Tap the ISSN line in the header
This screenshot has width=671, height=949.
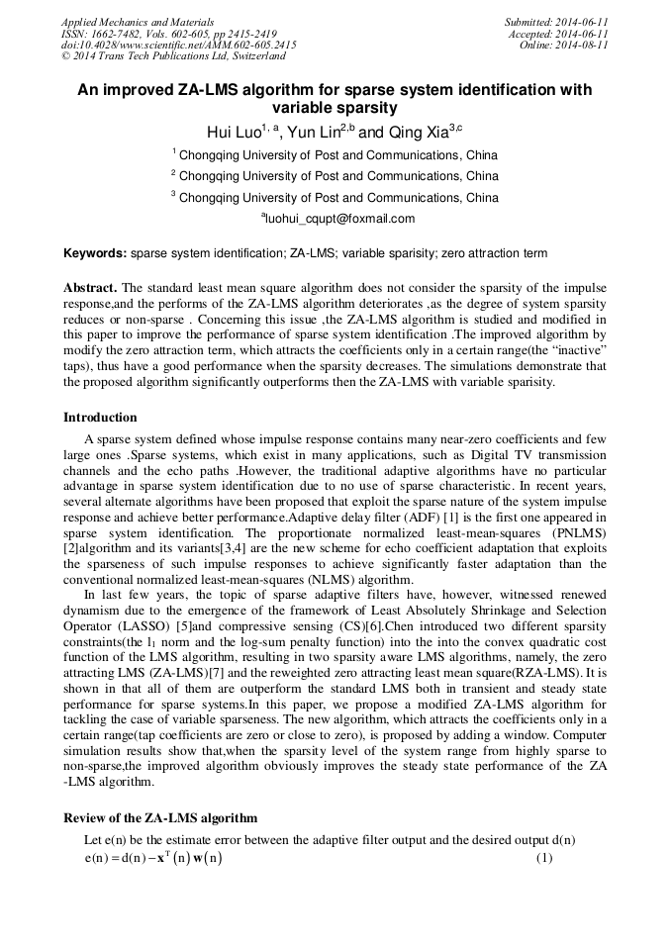[x=168, y=34]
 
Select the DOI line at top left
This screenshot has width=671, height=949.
[x=179, y=45]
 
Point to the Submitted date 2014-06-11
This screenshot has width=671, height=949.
[x=556, y=22]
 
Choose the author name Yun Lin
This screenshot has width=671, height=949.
[x=314, y=133]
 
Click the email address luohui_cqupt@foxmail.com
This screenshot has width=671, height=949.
[x=337, y=219]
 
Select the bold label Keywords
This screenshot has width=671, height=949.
[x=95, y=253]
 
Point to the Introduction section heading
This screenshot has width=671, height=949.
[x=100, y=417]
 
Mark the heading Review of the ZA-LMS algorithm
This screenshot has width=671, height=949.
[x=160, y=818]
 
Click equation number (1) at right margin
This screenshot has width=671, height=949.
[x=543, y=857]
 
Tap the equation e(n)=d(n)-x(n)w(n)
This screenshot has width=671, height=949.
[x=153, y=858]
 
